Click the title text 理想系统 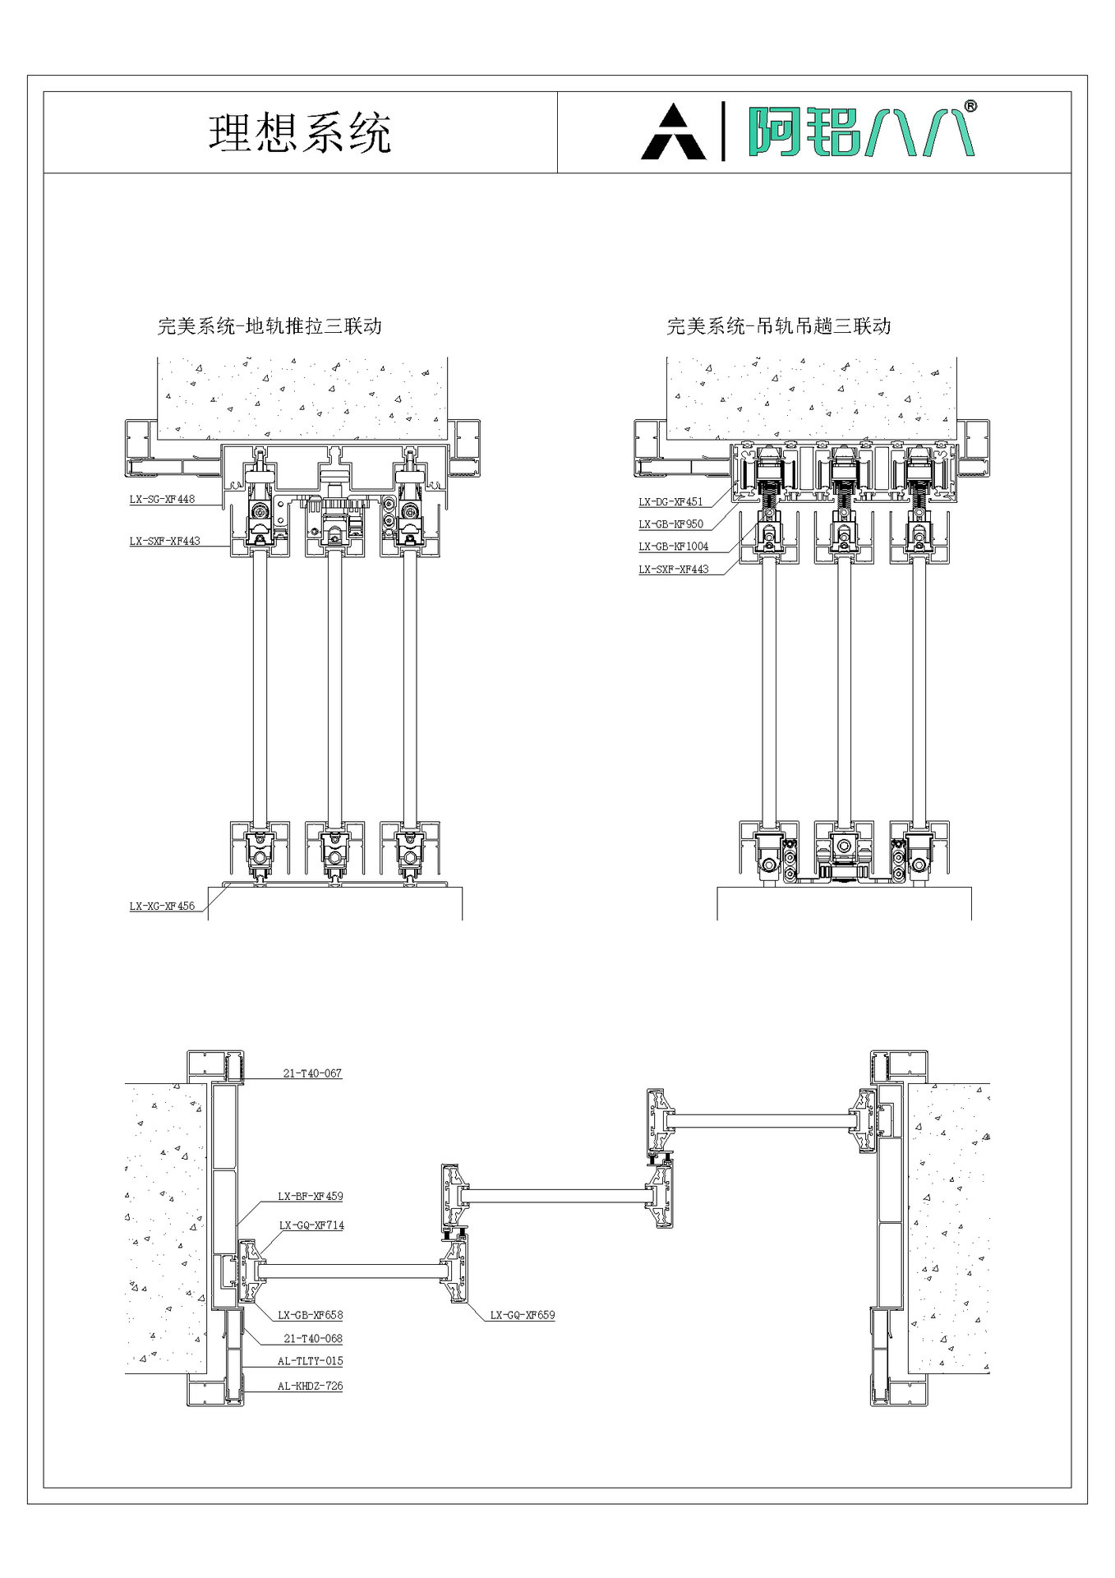300,133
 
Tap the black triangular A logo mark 673,132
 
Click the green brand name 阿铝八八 859,131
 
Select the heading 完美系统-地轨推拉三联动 270,326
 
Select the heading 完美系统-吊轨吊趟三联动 779,326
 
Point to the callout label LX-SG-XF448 162,499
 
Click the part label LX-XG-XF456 162,906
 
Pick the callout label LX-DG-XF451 670,501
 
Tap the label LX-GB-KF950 670,524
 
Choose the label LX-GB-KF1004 673,546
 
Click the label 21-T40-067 312,1073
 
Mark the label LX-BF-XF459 310,1197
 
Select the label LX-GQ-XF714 311,1225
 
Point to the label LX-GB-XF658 310,1315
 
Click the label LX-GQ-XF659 523,1315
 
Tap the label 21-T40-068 312,1339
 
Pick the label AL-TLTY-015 310,1361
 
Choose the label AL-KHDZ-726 310,1386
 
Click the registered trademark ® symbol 970,107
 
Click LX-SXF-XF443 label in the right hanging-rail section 673,569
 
